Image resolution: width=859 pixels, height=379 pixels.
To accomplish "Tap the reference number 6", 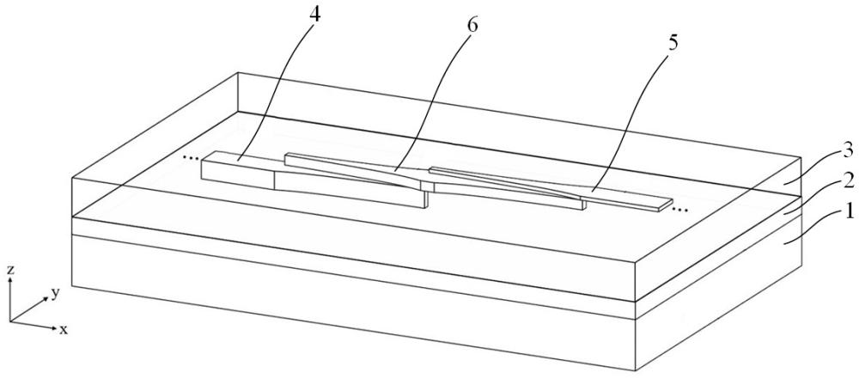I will (471, 24).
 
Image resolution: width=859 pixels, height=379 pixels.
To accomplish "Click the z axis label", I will (10, 270).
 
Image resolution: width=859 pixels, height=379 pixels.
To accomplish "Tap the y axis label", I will (54, 293).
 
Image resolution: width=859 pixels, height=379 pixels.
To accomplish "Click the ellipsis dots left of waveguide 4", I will (191, 157).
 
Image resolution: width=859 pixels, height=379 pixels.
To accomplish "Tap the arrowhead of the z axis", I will (10, 281).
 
